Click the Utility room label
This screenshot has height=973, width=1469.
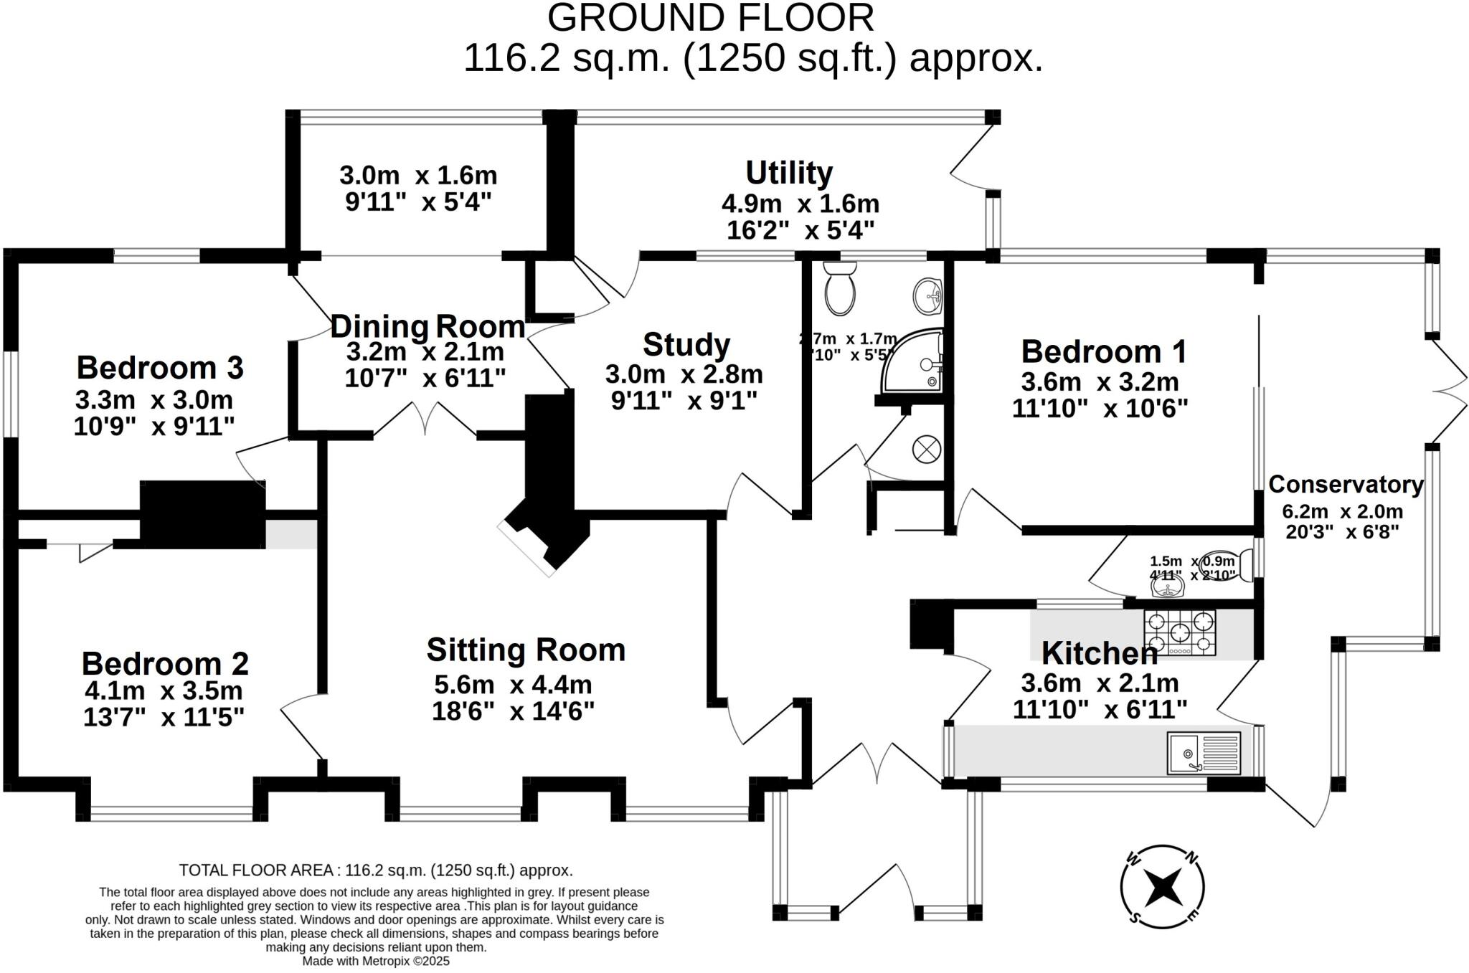pos(789,173)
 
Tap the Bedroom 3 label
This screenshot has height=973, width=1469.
pos(160,368)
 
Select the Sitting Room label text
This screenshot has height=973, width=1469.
pos(526,650)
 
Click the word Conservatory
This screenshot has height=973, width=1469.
pos(1346,485)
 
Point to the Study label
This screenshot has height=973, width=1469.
pos(686,345)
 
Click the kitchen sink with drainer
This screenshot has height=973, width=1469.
pos(1204,753)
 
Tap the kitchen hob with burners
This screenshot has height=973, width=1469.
pos(1180,632)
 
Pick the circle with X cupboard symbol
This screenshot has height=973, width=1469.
pos(926,450)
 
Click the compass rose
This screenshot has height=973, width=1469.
pos(1162,887)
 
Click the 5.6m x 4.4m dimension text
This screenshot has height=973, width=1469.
pos(513,685)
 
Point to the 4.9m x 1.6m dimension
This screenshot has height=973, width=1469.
pos(800,204)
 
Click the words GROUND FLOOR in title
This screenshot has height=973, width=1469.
pos(710,17)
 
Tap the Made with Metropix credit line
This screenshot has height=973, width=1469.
pos(375,961)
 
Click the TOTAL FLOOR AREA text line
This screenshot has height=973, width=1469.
pos(375,870)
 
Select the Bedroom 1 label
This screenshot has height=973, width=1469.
pos(1103,352)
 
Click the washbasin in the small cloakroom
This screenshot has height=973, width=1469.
pos(1167,588)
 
